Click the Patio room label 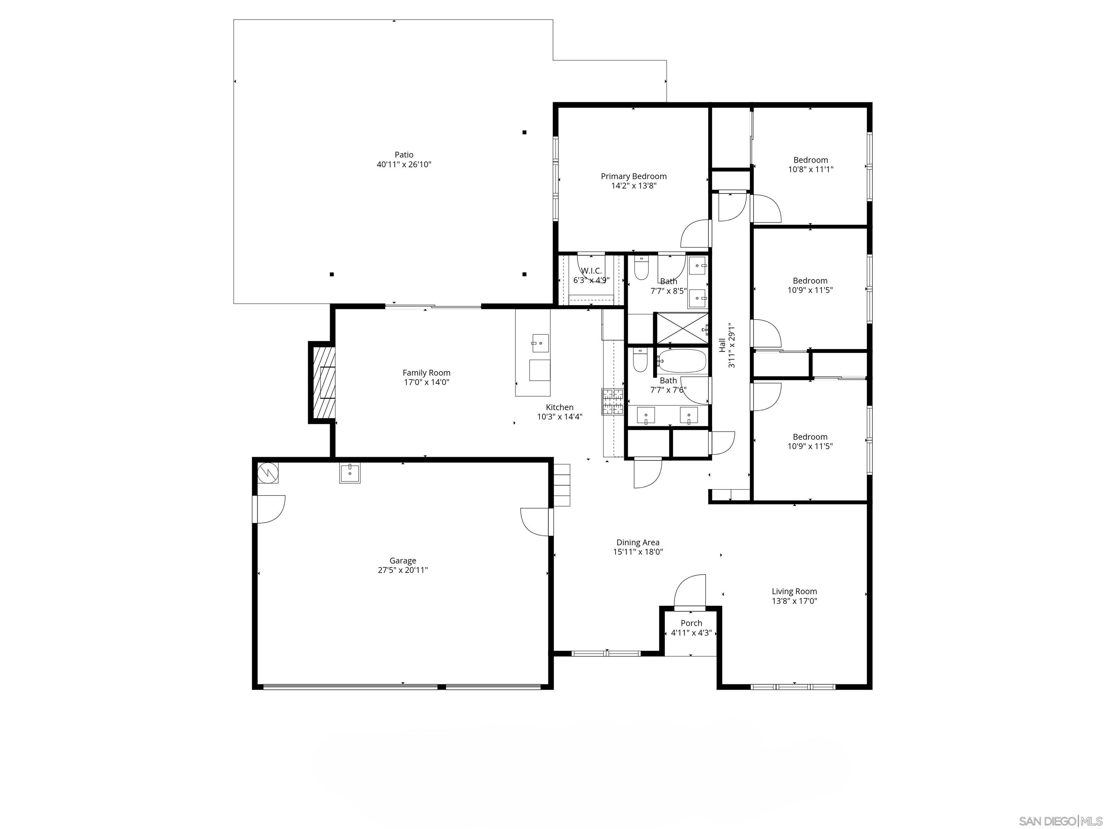tap(404, 155)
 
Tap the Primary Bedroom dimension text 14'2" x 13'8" tap(634, 186)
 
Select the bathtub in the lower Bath tap(682, 361)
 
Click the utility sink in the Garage tap(350, 473)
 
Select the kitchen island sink tap(540, 343)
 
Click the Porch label tap(691, 623)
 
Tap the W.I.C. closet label tap(591, 271)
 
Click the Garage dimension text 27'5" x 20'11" tap(403, 570)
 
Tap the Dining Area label tap(638, 542)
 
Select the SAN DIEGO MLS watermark tap(1060, 821)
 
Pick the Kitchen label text tap(559, 407)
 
